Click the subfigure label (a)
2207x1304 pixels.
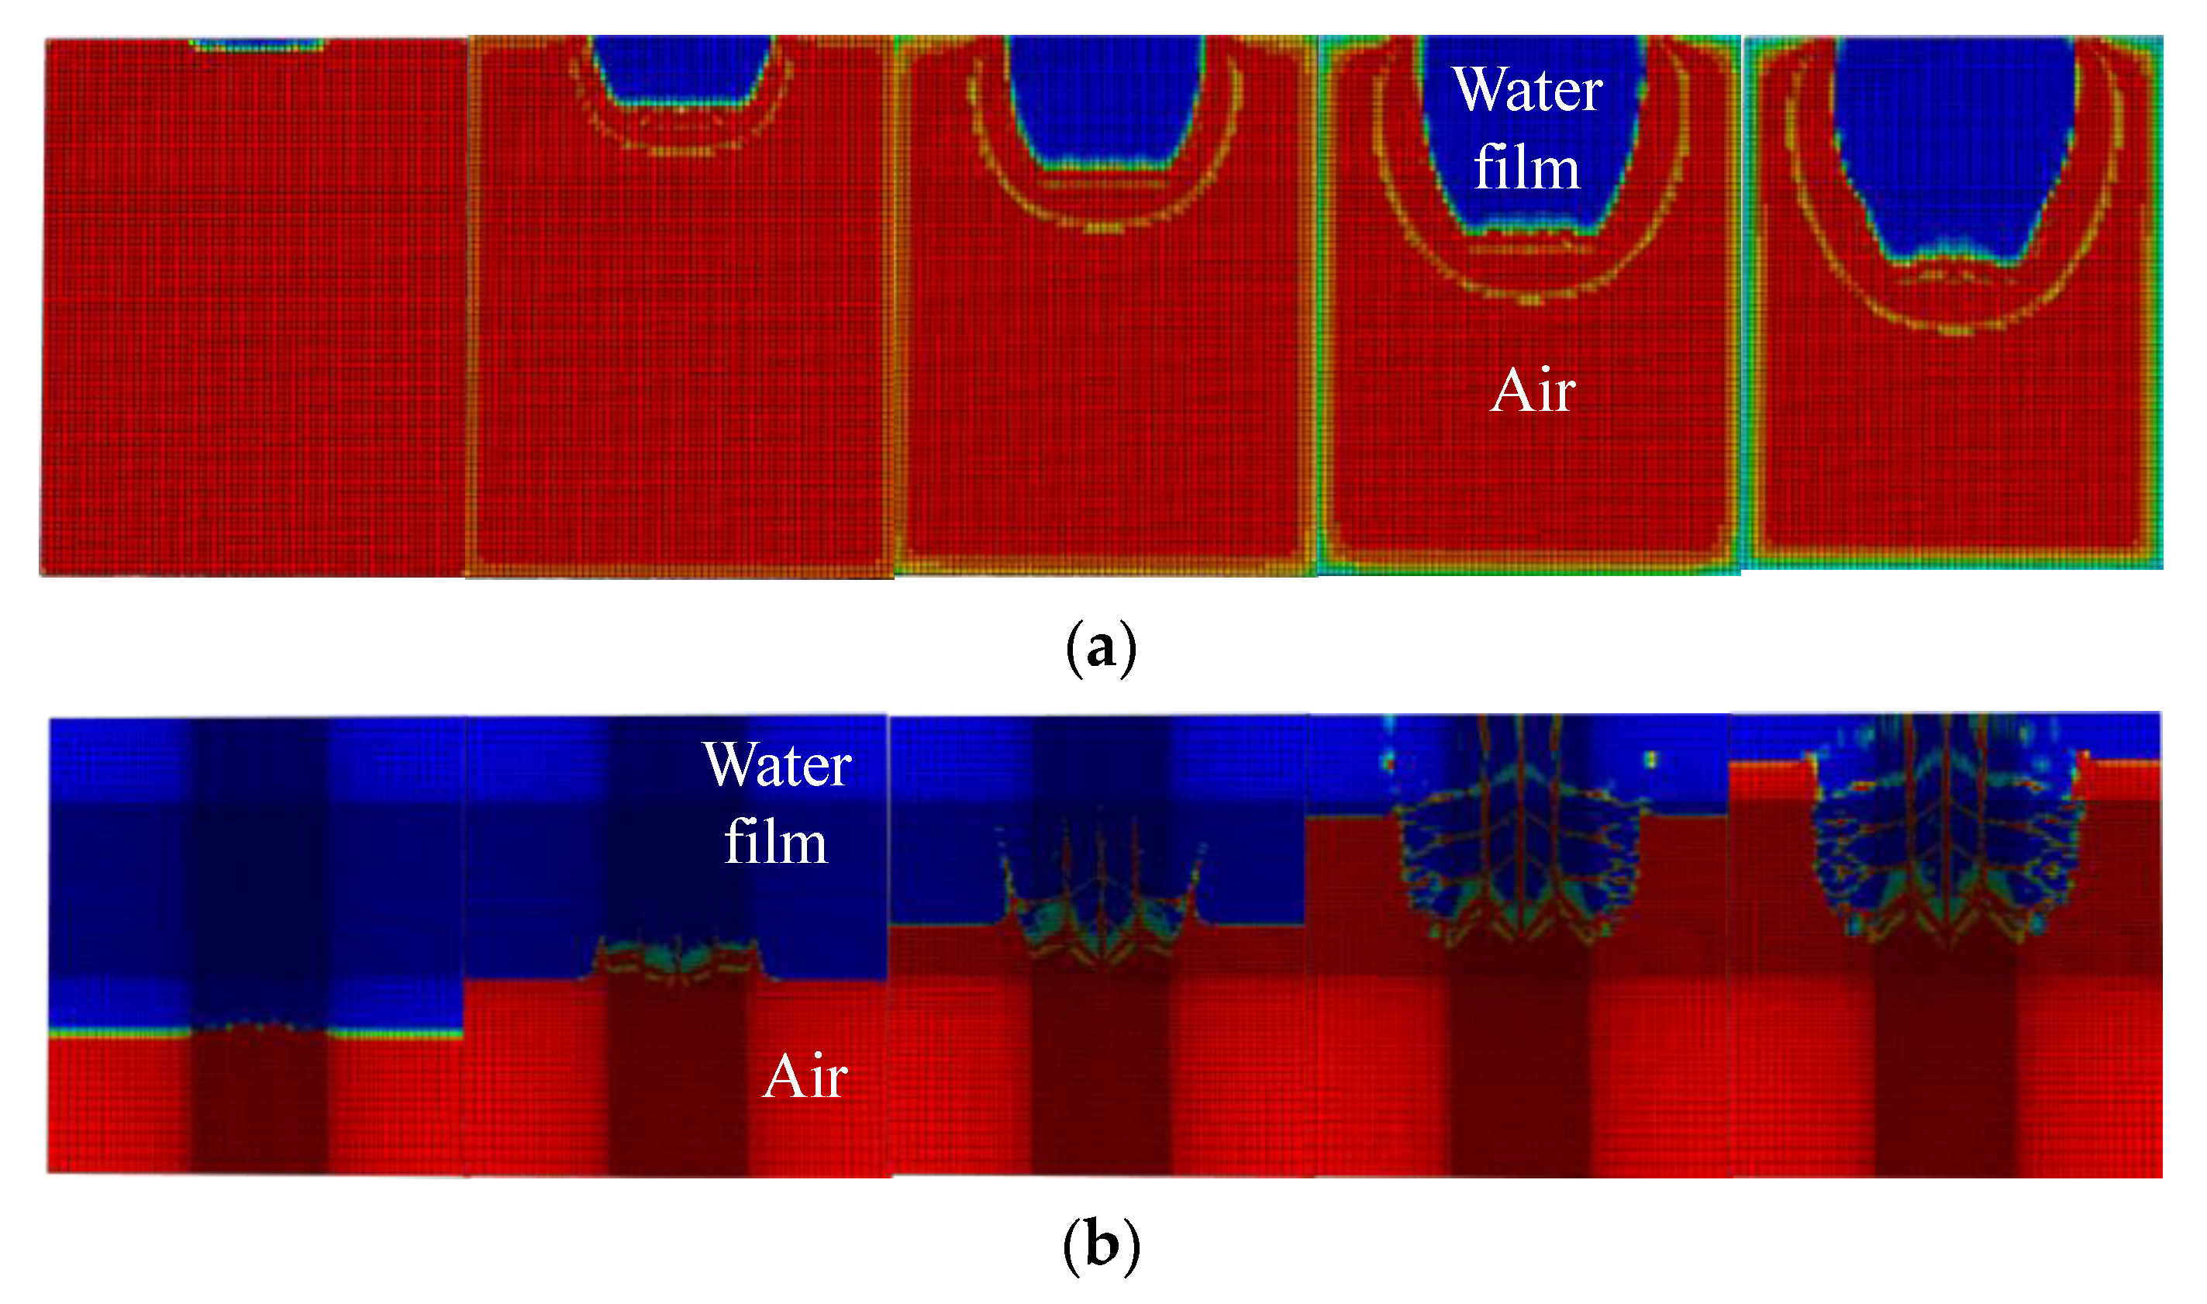coord(1102,647)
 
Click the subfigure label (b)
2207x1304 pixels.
coord(1102,1244)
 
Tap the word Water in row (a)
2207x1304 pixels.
coord(1528,90)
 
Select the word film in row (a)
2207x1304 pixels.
coord(1527,169)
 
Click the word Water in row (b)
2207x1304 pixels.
coord(777,764)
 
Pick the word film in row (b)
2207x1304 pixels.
coord(776,843)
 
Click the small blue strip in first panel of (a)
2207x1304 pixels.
coord(257,44)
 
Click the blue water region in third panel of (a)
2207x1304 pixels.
coord(1105,97)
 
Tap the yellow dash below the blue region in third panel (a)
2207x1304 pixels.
coord(1105,229)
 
